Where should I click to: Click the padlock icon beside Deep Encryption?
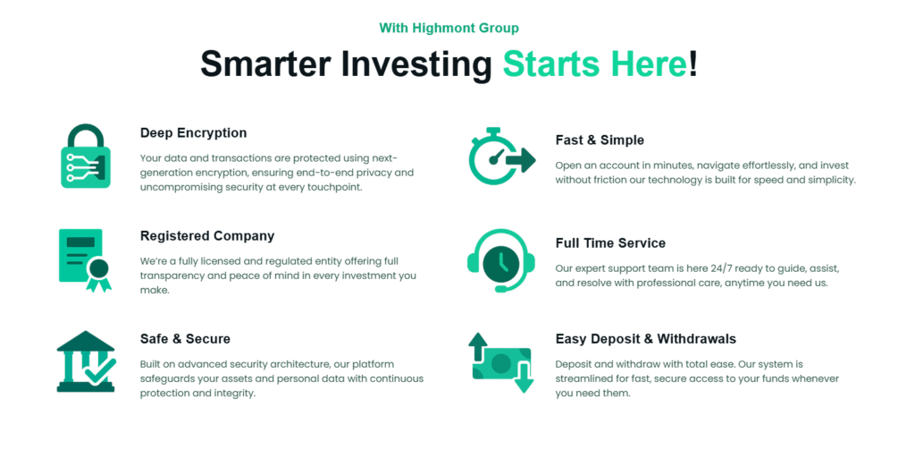pyautogui.click(x=86, y=157)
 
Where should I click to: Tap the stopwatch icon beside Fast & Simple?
pyautogui.click(x=500, y=157)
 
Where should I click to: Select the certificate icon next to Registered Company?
pyautogui.click(x=86, y=259)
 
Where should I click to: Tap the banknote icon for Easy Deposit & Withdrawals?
pyautogui.click(x=500, y=362)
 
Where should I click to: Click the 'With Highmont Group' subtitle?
pyautogui.click(x=449, y=29)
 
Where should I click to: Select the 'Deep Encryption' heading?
pyautogui.click(x=193, y=133)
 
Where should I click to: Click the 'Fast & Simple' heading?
pyautogui.click(x=599, y=140)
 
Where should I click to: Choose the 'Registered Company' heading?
pyautogui.click(x=207, y=236)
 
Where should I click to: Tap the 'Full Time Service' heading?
pyautogui.click(x=610, y=243)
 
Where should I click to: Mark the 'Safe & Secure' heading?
pyautogui.click(x=185, y=339)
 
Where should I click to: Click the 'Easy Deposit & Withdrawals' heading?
pyautogui.click(x=645, y=339)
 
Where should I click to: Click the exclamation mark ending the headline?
pyautogui.click(x=693, y=64)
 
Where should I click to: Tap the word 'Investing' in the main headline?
pyautogui.click(x=406, y=64)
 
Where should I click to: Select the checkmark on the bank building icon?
pyautogui.click(x=99, y=371)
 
